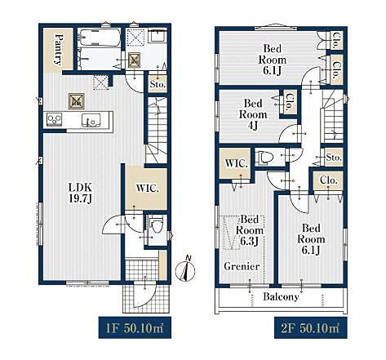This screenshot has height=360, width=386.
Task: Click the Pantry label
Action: point(59,50)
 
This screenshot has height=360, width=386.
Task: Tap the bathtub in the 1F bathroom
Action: point(99,38)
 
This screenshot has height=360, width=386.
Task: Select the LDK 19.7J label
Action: point(81,193)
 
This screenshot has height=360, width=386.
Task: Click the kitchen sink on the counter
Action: point(91,120)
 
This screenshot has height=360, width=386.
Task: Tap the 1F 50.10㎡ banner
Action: point(135,327)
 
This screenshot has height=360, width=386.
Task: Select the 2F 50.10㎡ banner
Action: point(311,327)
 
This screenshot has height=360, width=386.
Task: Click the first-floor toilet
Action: point(156,224)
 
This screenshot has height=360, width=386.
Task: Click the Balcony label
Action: point(281,296)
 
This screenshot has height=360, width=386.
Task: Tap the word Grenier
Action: point(242,266)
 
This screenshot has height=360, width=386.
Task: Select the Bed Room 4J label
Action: point(253,114)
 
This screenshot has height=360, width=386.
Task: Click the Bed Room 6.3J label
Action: point(250,230)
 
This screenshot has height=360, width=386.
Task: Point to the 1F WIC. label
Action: point(148,189)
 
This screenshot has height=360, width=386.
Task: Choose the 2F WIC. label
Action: point(236,164)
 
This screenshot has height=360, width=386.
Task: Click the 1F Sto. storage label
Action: point(158,84)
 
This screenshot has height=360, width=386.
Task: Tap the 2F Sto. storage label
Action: point(334,158)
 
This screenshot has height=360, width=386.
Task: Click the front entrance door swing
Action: point(145,296)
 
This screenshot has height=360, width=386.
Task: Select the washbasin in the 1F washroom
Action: point(158,35)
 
